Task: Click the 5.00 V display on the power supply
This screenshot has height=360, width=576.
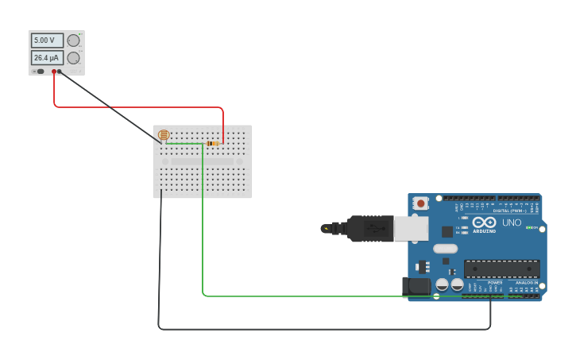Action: click(46, 40)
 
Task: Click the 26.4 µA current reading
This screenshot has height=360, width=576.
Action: click(47, 58)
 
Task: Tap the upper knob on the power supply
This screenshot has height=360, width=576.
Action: click(73, 41)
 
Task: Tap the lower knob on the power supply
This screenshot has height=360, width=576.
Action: click(73, 58)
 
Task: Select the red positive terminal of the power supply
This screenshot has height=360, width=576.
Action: click(54, 72)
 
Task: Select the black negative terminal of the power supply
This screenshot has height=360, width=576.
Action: click(60, 72)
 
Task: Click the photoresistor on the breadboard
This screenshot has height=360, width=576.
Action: click(164, 135)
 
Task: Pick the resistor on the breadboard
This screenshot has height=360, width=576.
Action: click(212, 143)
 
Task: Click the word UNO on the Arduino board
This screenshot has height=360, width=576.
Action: click(512, 223)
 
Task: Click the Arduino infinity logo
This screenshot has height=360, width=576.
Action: click(484, 223)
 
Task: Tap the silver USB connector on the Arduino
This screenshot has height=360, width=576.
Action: click(411, 229)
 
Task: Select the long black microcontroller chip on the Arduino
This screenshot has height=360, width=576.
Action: click(501, 269)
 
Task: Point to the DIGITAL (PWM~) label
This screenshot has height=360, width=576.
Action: click(508, 211)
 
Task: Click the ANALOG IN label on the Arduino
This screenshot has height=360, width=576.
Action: click(526, 283)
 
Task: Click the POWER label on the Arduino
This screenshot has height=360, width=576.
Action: click(495, 283)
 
